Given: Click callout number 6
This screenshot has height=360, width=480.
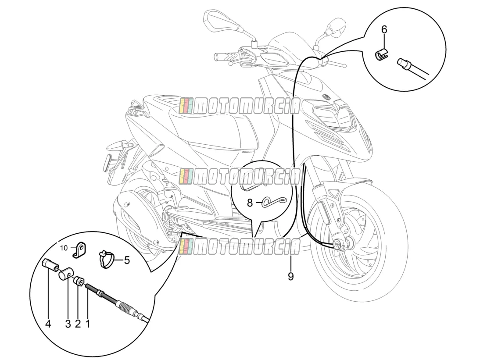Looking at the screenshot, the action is pyautogui.click(x=384, y=30).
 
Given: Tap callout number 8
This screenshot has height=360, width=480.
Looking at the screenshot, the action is pyautogui.click(x=250, y=203).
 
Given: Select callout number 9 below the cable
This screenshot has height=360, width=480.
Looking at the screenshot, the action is pyautogui.click(x=290, y=276).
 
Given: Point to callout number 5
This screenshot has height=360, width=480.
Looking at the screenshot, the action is pyautogui.click(x=127, y=260).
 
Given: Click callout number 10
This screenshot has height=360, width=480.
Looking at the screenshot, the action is pyautogui.click(x=64, y=248).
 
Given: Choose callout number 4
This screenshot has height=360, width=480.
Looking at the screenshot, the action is pyautogui.click(x=48, y=324).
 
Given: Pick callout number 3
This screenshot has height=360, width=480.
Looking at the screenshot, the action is pyautogui.click(x=68, y=324).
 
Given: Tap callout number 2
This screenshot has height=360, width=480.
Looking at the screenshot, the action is pyautogui.click(x=78, y=324).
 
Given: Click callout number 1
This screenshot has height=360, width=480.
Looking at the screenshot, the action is pyautogui.click(x=88, y=324).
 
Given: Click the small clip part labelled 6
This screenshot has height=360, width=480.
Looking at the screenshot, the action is pyautogui.click(x=381, y=55).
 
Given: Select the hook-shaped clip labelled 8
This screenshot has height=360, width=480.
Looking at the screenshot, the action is pyautogui.click(x=275, y=202).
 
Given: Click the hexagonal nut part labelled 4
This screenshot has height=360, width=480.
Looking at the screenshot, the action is pyautogui.click(x=49, y=264).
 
